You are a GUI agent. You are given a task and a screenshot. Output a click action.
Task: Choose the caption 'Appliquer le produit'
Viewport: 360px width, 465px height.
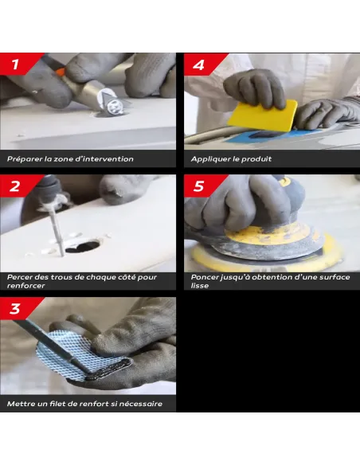click(232, 159)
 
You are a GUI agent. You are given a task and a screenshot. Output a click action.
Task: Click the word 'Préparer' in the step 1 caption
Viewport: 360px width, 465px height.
click(25, 159)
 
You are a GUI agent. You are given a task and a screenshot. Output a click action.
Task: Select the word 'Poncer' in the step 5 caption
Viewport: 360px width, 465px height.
click(205, 277)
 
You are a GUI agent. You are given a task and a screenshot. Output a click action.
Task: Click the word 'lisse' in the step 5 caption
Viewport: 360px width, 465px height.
click(199, 285)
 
